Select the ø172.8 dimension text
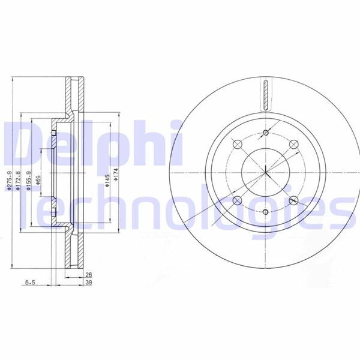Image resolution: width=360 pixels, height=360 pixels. pos(19,180)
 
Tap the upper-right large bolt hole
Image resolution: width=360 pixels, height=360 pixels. pos(293,144)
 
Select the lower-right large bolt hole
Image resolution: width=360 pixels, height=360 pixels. pos(293,201)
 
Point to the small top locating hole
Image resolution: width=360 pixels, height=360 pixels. pos(265,133)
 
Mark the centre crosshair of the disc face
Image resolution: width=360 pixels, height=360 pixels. pos(265,172)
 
